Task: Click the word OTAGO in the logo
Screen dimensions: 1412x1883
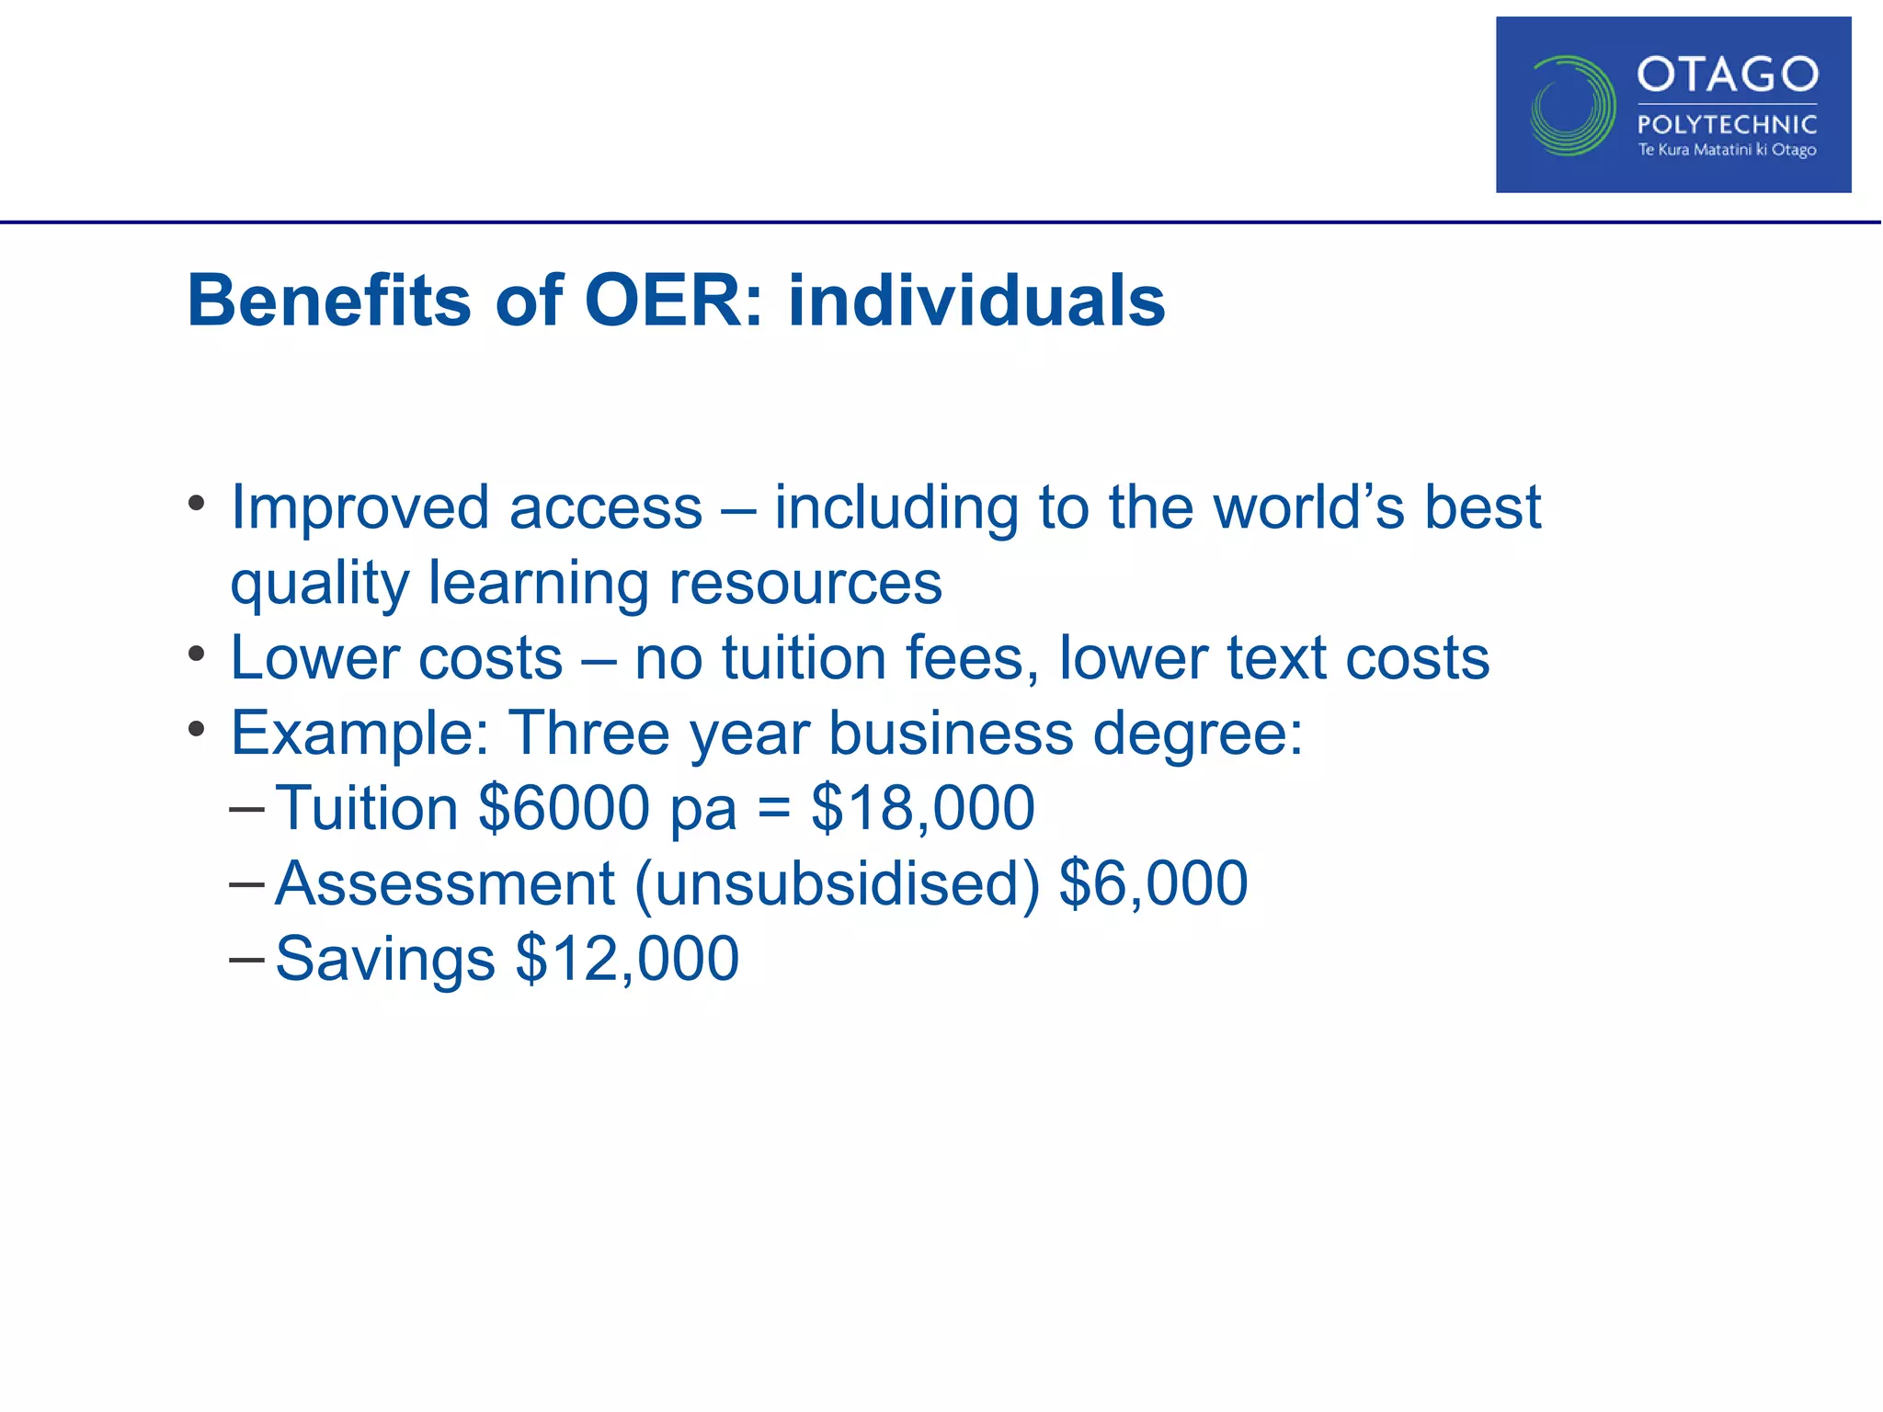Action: (1727, 74)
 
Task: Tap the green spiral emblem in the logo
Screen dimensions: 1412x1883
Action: (1572, 106)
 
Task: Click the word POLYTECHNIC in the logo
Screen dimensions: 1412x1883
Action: (1727, 124)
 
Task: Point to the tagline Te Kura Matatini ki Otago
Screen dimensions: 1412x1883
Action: (1727, 150)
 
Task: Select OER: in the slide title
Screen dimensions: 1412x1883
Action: (674, 301)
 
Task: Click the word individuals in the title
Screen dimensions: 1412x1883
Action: (976, 301)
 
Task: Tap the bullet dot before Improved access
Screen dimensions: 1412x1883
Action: (196, 505)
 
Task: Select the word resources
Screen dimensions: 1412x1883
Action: (805, 584)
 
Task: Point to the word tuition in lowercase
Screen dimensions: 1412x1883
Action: (804, 658)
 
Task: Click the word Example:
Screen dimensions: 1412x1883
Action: (359, 734)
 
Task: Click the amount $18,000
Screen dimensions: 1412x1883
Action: (922, 808)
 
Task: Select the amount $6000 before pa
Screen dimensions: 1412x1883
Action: (564, 808)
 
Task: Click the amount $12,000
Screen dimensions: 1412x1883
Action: (626, 959)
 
